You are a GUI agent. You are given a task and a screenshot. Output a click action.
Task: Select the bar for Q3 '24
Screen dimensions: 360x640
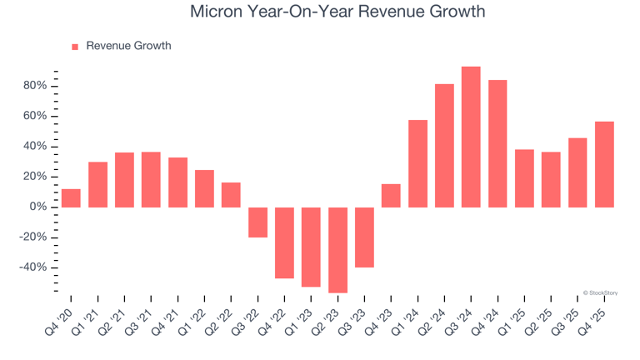click(x=471, y=137)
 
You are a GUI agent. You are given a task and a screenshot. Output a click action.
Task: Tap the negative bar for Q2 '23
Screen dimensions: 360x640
click(x=337, y=250)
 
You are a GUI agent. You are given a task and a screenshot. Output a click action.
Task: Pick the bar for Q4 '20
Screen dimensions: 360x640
click(x=71, y=198)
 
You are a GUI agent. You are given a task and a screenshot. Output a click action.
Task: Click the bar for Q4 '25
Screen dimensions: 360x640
click(x=604, y=164)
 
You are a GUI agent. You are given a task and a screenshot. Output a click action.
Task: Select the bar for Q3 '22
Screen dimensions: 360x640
click(x=257, y=222)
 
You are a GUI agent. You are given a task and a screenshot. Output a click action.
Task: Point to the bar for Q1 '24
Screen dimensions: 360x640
click(x=417, y=163)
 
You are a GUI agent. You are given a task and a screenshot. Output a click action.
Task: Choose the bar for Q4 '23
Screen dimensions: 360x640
click(x=391, y=196)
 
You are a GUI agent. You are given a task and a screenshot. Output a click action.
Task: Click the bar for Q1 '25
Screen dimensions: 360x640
click(x=524, y=178)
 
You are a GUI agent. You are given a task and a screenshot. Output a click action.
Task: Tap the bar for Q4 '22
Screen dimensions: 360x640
click(x=284, y=242)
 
